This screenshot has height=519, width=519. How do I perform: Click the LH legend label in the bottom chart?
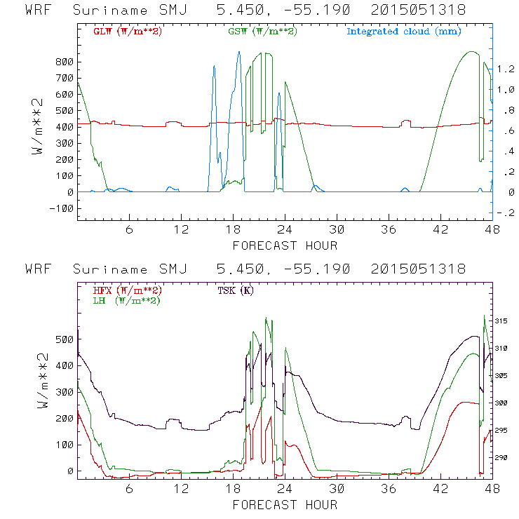click(x=125, y=300)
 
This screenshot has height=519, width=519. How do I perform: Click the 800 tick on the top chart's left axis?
click(x=65, y=62)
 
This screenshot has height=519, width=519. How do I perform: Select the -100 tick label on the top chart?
click(x=62, y=208)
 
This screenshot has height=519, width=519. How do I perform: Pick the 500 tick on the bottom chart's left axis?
click(x=65, y=339)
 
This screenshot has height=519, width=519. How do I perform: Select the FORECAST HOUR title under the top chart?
click(x=285, y=245)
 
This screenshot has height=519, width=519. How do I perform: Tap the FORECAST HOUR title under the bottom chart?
click(x=285, y=505)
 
